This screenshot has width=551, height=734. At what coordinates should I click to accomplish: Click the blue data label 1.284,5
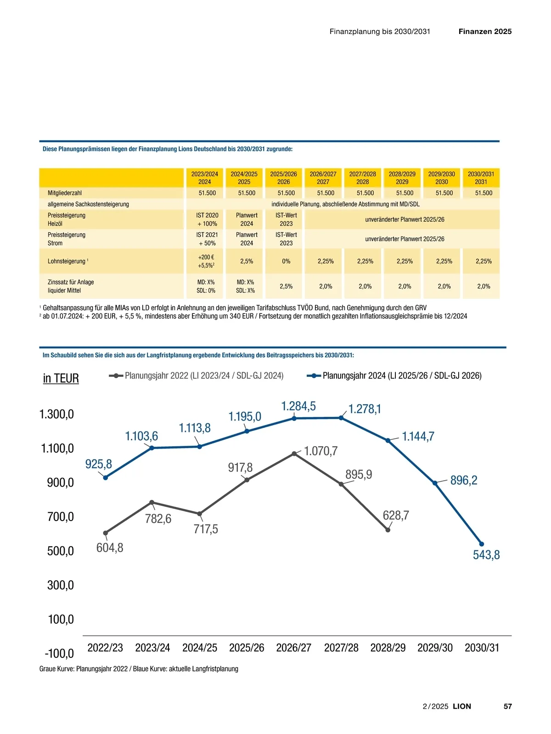298,406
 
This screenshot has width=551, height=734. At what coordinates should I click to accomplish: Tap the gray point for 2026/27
294,454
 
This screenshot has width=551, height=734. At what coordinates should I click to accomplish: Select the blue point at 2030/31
482,544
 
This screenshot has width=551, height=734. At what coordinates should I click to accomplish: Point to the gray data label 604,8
110,548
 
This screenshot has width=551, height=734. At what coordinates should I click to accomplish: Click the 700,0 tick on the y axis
61,517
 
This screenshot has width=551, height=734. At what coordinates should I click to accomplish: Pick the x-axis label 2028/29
388,648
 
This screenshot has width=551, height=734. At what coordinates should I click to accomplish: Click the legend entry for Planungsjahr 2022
197,375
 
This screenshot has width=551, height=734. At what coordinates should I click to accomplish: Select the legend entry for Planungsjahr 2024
394,375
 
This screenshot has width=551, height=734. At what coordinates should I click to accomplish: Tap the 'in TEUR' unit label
61,378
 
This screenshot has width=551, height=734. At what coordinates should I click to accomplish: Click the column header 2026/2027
323,178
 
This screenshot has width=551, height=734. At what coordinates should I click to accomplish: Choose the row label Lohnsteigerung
67,261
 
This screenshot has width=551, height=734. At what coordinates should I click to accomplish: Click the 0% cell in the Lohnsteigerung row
286,261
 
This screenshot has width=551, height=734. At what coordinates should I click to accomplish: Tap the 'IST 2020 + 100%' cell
207,219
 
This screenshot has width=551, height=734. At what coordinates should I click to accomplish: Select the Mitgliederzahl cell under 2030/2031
484,193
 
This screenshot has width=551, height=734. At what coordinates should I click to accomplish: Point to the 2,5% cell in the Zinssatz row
286,286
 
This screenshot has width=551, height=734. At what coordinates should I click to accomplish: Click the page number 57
507,706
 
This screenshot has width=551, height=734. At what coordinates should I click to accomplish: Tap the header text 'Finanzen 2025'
485,32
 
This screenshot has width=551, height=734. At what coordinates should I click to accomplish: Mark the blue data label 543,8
486,555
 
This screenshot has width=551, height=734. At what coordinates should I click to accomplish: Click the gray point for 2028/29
388,530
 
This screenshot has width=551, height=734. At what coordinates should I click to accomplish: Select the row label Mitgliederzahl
65,193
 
